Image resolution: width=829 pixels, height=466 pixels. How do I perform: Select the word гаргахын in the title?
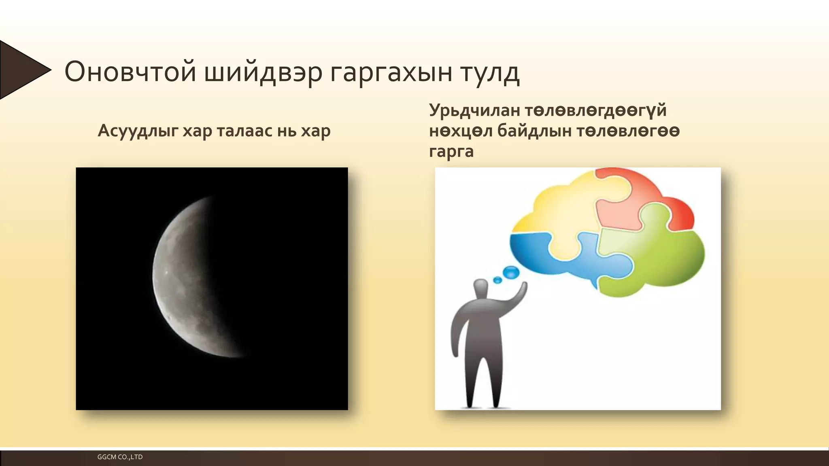391,72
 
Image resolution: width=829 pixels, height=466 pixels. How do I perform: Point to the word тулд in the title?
490,72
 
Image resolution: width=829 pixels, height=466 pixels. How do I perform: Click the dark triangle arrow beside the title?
20,70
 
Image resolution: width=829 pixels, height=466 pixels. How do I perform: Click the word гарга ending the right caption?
451,152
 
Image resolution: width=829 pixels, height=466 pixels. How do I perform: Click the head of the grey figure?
480,288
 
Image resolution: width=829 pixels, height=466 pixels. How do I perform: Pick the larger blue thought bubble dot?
511,272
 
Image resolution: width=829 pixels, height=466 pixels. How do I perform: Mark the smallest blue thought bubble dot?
497,280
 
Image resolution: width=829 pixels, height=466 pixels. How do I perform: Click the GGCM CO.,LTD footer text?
120,457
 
